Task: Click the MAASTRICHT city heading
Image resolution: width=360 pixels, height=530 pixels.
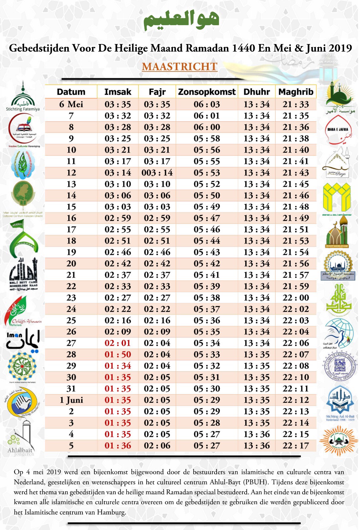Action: pos(180,67)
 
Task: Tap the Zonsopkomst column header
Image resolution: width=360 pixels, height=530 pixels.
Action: pos(207,92)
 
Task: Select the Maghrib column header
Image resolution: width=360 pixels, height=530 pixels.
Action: pos(296,92)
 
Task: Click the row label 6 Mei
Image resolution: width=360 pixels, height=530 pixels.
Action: pos(71,104)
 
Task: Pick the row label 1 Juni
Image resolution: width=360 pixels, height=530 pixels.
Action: pos(71,400)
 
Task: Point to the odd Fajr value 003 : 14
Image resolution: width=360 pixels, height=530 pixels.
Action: pos(157,173)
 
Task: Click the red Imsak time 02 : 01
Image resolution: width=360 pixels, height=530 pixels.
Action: pos(118,343)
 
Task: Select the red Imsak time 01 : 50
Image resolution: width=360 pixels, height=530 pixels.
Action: pos(118,354)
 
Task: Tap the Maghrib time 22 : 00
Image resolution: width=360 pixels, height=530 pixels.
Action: pos(296,297)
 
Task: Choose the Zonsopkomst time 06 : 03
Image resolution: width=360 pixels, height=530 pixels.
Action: pos(207,104)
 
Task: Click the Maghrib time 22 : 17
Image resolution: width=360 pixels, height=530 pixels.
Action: pos(296,446)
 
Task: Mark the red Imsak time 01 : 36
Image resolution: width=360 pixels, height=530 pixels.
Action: pos(118,446)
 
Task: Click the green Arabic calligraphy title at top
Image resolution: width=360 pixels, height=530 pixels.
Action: pos(181,20)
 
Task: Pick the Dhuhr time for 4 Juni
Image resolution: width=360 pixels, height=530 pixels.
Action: pos(257,434)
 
